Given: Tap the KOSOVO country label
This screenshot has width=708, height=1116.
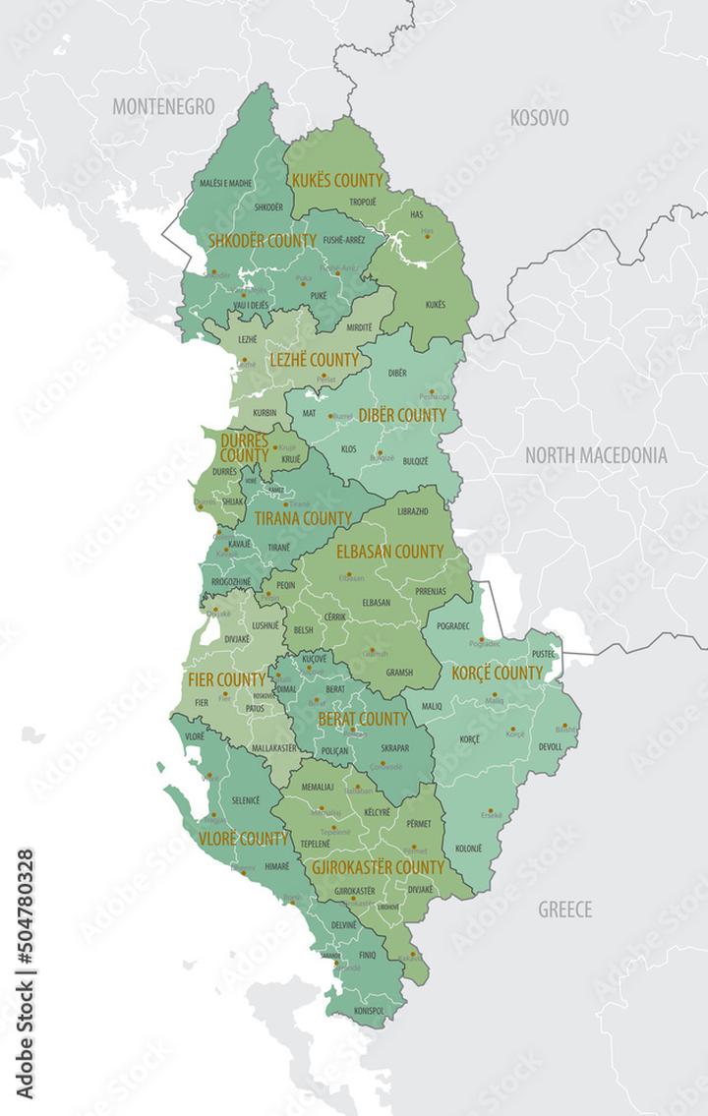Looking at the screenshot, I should pos(539,118).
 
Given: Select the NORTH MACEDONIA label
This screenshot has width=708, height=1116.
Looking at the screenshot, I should pos(595,455).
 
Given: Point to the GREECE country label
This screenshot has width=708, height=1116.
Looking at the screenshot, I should pos(564,910).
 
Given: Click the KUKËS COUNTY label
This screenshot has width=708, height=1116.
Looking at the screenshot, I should pos(336,181).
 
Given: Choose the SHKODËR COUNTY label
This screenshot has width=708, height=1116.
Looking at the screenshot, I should pos(262,240).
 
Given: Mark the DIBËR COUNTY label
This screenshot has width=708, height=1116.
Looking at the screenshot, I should pos(401,415).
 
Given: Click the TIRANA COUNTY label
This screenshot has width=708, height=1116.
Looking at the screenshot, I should pos(303,518).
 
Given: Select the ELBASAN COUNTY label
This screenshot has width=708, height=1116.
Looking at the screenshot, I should pos(389,552).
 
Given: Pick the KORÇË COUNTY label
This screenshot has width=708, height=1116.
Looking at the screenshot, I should pos(497,674).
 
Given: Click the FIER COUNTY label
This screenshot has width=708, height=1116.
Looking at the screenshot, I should pos(225,679).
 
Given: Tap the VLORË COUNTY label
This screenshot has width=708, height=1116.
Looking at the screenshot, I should pos(243,839).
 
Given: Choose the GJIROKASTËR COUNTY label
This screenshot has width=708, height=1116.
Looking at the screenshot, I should pos(377,868).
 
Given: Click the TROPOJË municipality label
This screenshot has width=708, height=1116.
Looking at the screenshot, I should pos(363,203).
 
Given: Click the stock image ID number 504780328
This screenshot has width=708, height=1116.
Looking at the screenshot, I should pos(25,974).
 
